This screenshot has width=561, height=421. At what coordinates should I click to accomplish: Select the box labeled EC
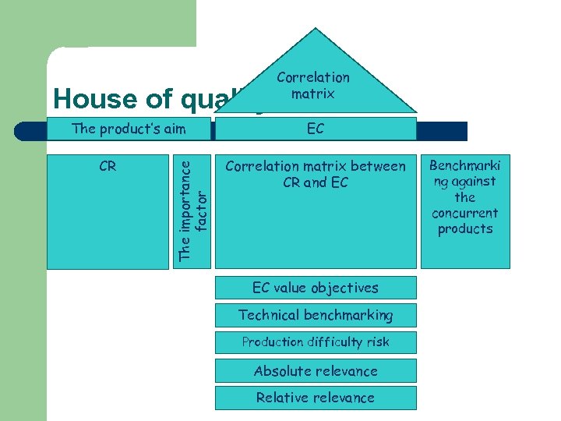coord(316,129)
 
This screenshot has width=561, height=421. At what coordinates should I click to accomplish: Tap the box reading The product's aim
coord(129,129)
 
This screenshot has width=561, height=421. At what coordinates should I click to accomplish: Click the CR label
coord(108,166)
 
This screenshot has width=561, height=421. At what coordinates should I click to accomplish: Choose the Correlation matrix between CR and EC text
coord(316,175)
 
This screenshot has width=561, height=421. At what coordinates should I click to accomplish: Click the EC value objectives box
coord(316,288)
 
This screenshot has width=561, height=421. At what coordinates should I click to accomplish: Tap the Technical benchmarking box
coord(316,315)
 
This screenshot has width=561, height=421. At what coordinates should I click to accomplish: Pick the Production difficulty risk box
coord(316,342)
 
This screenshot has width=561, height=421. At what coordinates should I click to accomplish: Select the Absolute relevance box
coord(316,371)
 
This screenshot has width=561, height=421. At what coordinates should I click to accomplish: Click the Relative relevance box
coord(316,398)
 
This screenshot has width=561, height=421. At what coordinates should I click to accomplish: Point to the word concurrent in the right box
coord(465,213)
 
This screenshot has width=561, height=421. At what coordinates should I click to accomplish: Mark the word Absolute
coord(280,371)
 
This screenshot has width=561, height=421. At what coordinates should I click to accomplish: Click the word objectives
coord(342,288)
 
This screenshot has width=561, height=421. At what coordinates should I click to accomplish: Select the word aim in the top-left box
coord(173,129)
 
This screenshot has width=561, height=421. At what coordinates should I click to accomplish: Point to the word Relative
coord(283,398)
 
